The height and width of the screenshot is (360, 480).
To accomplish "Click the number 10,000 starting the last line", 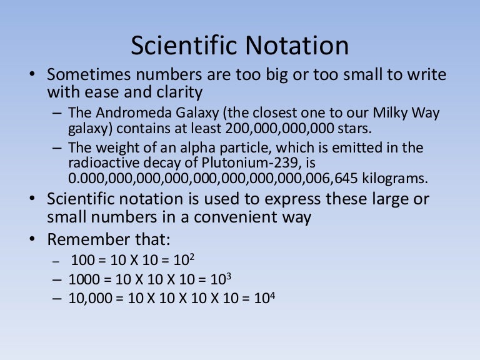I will click(x=87, y=299).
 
